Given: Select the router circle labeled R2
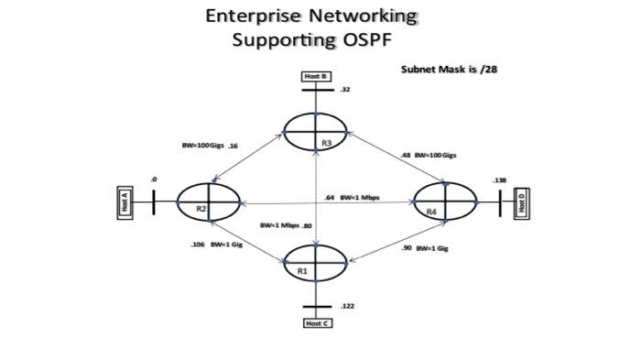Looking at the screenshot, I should pos(208,201).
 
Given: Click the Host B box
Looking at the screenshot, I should pos(316,76).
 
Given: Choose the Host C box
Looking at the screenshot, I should pos(316,323).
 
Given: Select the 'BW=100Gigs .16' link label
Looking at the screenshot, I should pos(210,146).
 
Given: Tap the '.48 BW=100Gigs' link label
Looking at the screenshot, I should pos(429,155).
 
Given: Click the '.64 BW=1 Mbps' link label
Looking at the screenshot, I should pos(353,197).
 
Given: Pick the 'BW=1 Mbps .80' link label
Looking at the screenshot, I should pos(286,225).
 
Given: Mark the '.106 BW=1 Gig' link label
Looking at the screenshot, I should pos(216,245).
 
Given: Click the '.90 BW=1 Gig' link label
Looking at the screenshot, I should pos(425,248).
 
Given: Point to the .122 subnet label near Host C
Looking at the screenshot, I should pos(347,306).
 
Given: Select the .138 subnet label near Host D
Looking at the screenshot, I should pos(499,180).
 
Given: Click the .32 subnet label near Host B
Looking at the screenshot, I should pos(345,90).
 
